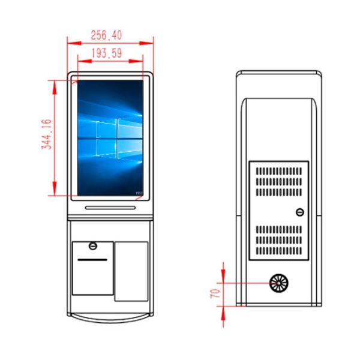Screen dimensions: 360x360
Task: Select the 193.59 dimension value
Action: click(x=107, y=53)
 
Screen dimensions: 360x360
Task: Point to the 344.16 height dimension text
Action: click(x=46, y=135)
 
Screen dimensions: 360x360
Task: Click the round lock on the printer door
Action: click(x=92, y=246)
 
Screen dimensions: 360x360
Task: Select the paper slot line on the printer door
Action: click(x=92, y=260)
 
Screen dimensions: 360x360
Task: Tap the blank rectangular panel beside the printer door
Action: click(x=131, y=271)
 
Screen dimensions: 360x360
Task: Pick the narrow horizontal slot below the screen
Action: click(x=110, y=208)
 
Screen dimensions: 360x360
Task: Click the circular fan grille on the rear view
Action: click(x=278, y=283)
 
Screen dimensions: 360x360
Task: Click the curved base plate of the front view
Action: click(x=110, y=314)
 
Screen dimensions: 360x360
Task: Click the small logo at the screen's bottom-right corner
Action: click(x=139, y=193)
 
